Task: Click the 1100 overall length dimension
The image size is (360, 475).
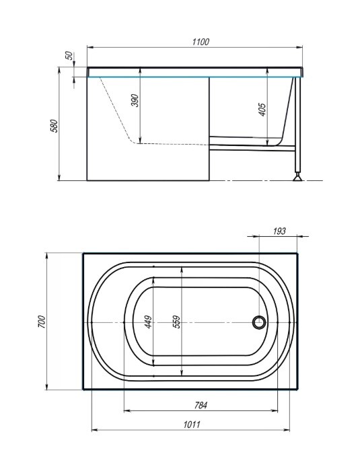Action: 201,42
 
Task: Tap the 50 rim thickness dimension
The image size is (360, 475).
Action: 69,56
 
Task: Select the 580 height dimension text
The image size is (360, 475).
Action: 54,126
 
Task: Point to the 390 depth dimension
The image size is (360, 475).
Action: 135,100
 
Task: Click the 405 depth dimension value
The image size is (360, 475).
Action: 262,110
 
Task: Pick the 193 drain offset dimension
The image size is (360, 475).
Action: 279,231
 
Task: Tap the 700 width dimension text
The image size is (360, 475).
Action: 41,322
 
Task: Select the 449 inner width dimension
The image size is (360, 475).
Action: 149,322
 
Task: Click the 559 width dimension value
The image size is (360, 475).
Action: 176,322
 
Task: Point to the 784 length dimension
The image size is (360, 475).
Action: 201,405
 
